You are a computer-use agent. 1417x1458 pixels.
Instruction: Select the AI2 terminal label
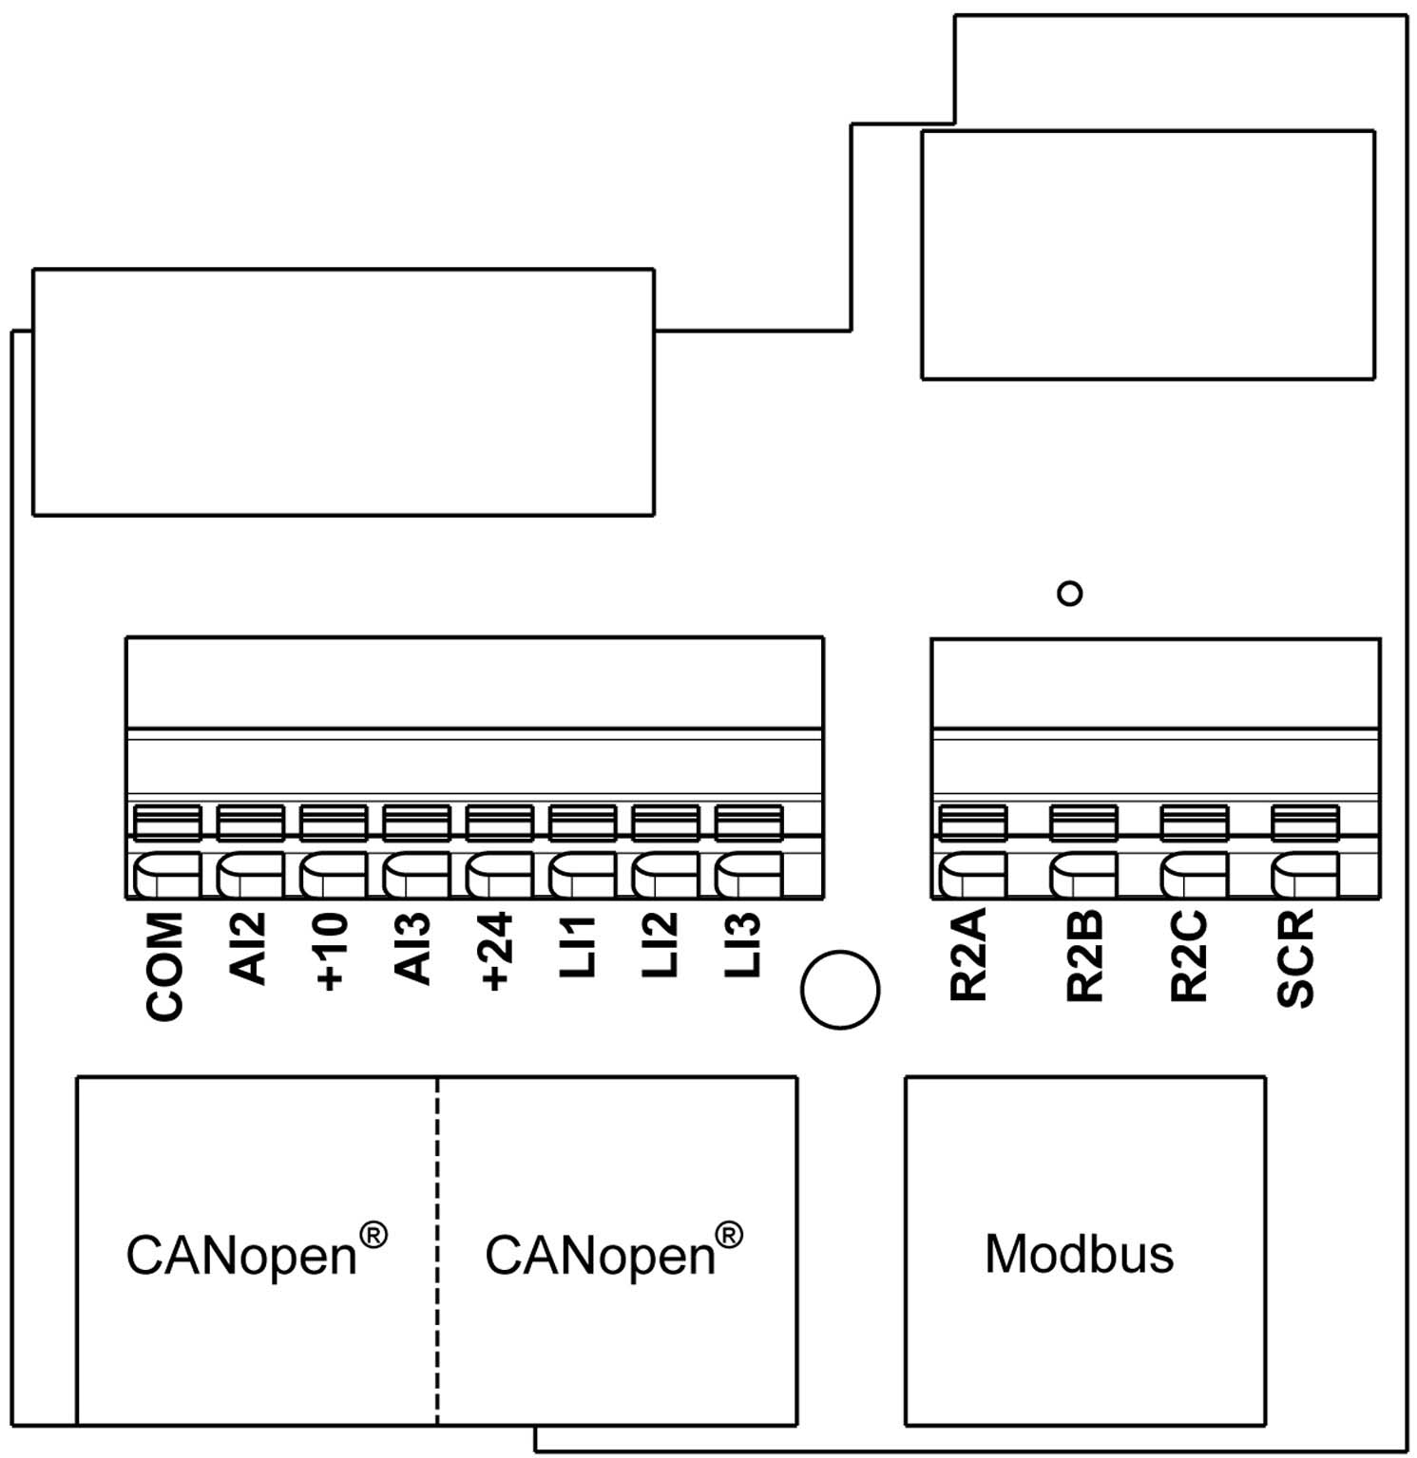(248, 948)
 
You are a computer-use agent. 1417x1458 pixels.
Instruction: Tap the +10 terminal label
(331, 953)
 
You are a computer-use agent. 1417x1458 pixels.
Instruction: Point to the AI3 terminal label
(413, 948)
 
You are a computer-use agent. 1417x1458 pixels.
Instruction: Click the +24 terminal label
(496, 953)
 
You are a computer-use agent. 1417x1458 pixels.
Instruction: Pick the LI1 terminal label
(578, 946)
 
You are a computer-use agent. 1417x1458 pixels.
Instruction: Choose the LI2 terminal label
(661, 946)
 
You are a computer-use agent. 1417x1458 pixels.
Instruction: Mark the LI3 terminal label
(743, 946)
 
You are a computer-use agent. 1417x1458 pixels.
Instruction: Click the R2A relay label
(969, 955)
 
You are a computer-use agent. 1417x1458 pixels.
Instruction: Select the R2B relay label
(1084, 956)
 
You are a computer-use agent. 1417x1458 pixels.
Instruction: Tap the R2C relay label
(1189, 956)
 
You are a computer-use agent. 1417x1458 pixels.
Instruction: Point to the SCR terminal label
(1295, 957)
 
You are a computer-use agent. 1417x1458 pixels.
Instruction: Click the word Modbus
(1079, 1254)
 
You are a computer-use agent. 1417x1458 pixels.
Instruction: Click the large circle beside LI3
(840, 990)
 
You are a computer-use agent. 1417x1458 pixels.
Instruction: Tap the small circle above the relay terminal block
(1070, 594)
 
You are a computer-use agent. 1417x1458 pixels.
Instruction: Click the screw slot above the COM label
(166, 823)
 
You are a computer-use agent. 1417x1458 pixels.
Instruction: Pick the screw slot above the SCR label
(1305, 823)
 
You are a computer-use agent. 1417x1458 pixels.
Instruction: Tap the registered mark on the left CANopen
(373, 1235)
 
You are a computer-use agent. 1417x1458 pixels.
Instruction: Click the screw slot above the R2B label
(1083, 823)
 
